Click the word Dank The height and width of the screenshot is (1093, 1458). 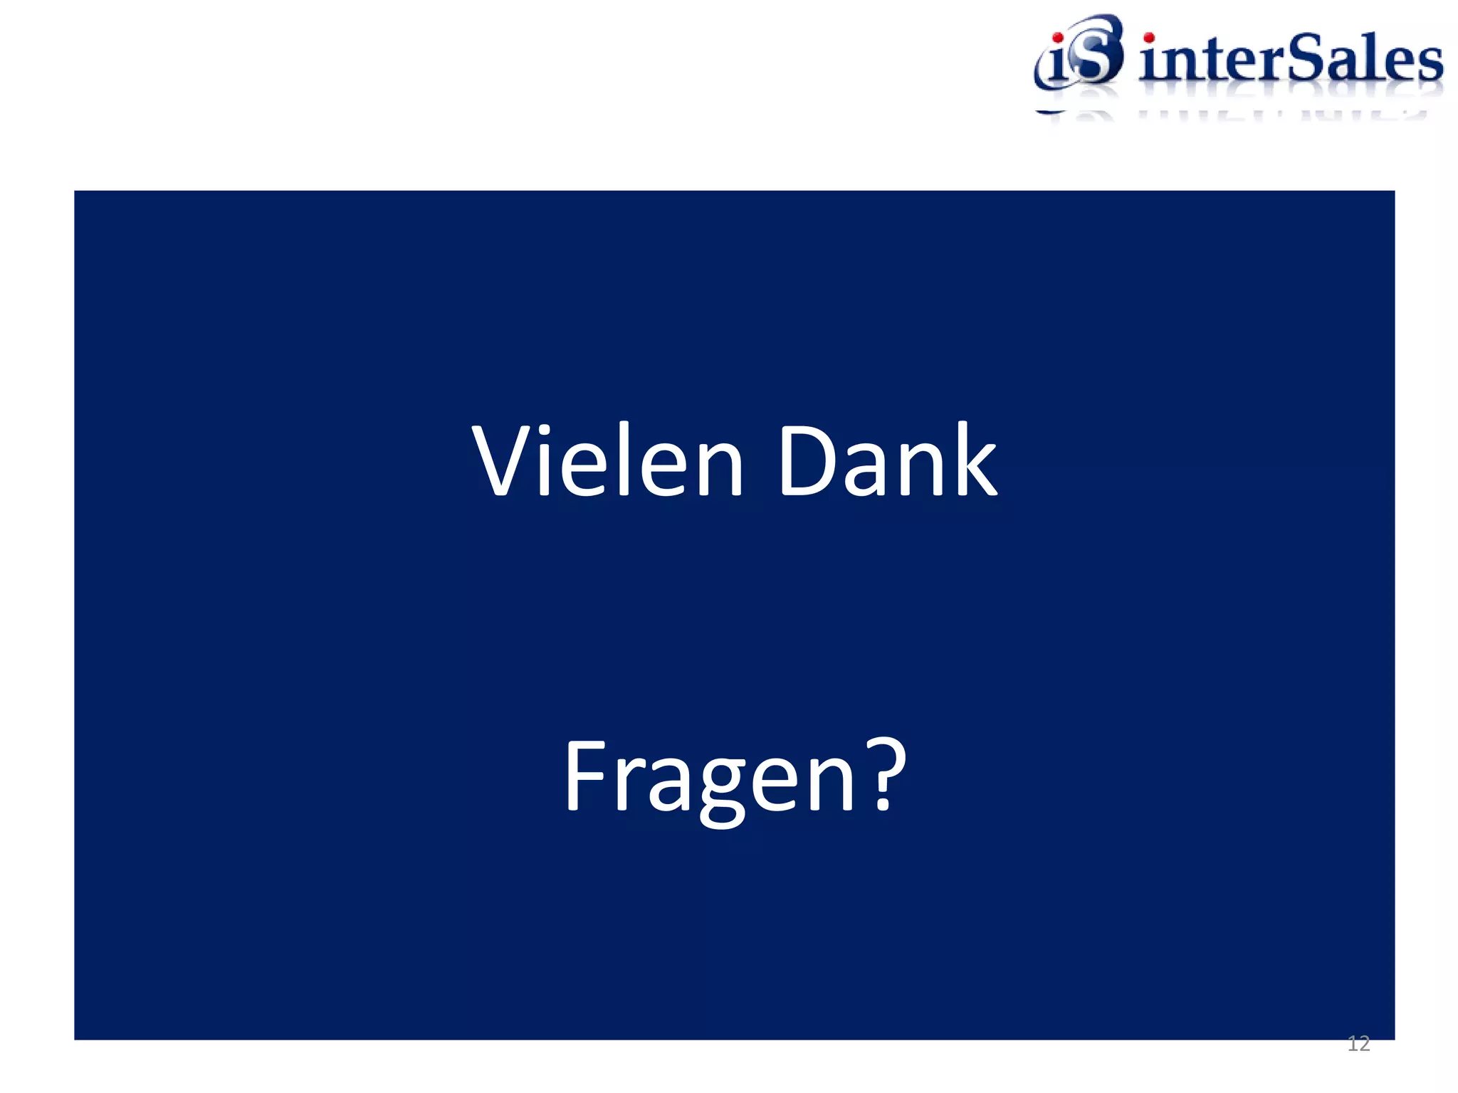point(888,461)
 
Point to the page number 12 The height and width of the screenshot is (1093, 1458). point(1358,1044)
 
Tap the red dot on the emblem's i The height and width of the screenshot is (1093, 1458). point(1058,38)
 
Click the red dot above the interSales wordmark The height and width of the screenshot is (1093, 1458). point(1148,37)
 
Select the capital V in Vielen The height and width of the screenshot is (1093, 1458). point(502,461)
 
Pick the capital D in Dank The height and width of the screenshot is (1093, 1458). point(804,461)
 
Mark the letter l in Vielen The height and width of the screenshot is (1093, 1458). point(624,460)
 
